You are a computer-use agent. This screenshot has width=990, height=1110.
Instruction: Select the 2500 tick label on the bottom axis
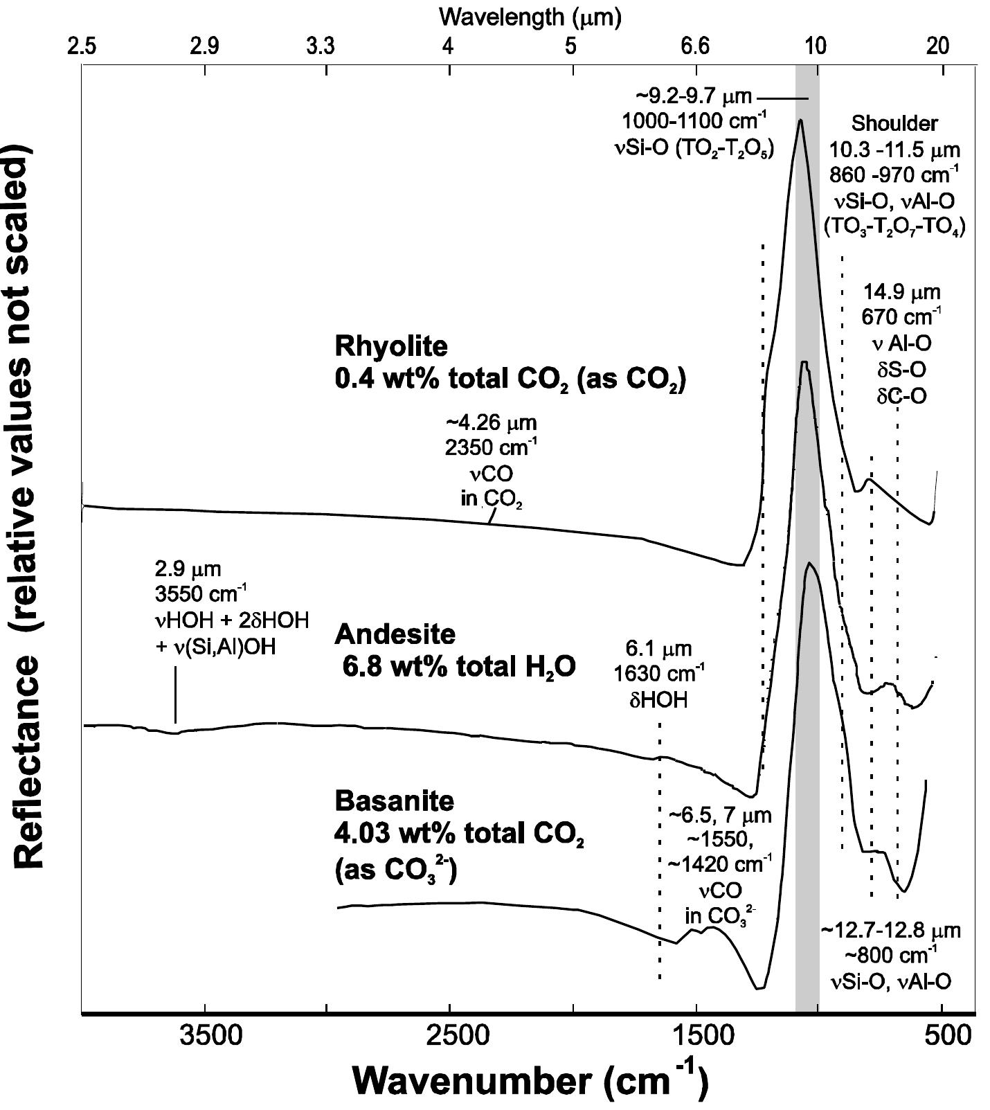point(450,1039)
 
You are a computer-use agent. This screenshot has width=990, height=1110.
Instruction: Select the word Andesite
point(395,634)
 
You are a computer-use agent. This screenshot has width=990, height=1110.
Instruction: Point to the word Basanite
point(395,800)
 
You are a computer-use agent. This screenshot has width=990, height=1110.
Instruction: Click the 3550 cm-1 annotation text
point(197,595)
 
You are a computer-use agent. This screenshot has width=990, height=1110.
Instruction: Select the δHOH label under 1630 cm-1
point(658,699)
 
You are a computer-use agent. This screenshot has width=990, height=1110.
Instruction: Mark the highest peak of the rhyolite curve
point(801,120)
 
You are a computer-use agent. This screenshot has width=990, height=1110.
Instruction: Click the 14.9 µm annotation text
point(901,292)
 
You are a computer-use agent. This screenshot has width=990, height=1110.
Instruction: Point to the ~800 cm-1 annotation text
point(891,956)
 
